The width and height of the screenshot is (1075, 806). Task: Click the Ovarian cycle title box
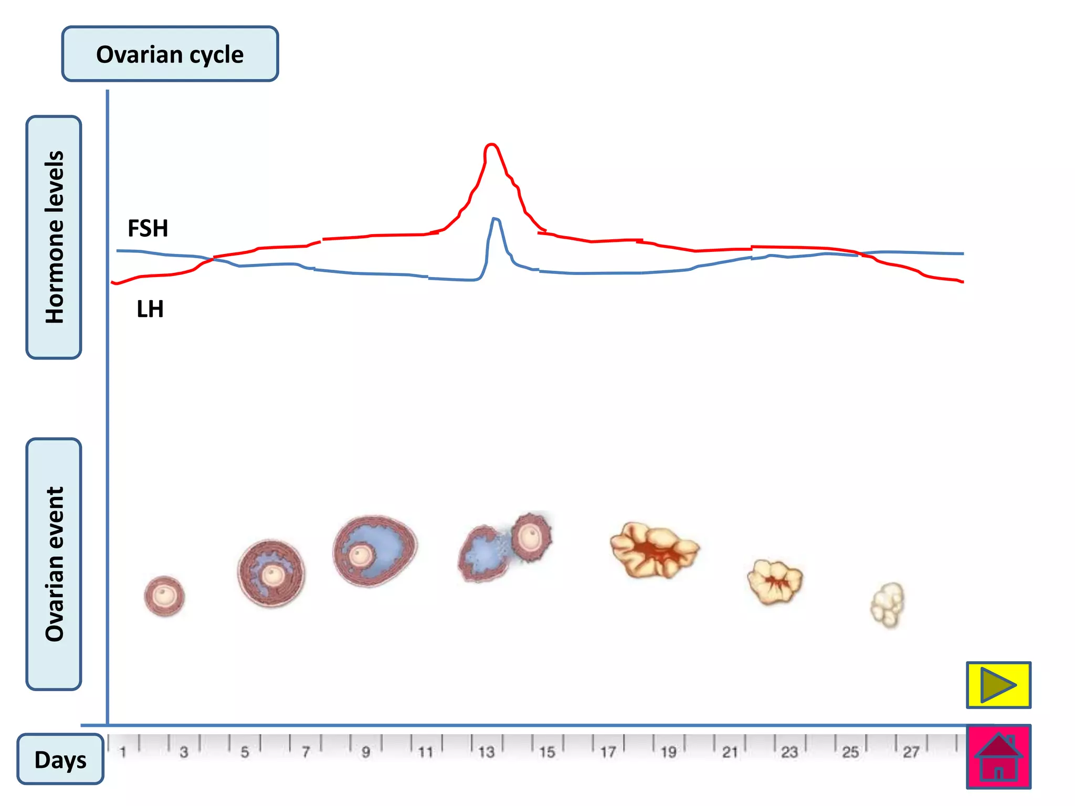pos(170,54)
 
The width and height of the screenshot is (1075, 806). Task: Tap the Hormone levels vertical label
pos(54,237)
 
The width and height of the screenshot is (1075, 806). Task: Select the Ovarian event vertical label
pos(54,564)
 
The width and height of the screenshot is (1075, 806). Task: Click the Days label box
pos(60,759)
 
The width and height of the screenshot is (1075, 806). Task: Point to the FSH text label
pos(148,228)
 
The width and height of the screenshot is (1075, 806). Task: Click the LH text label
pos(150,309)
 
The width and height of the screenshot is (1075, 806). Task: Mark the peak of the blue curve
pos(495,219)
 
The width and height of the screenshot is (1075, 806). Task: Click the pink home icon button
pos(998,757)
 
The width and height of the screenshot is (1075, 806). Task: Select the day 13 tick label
pos(486,752)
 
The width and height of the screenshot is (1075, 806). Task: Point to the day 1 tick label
pos(123,752)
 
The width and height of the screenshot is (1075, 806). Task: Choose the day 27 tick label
pos(911,752)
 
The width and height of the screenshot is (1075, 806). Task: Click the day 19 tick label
pos(668,752)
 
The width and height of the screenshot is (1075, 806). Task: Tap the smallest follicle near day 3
pos(164,596)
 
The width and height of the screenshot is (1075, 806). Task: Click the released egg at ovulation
pos(531,536)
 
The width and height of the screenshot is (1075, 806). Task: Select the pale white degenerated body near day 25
pos(888,604)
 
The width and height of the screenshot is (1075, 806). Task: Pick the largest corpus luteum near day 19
pos(654,549)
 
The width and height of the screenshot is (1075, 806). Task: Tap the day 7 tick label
pos(305,752)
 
